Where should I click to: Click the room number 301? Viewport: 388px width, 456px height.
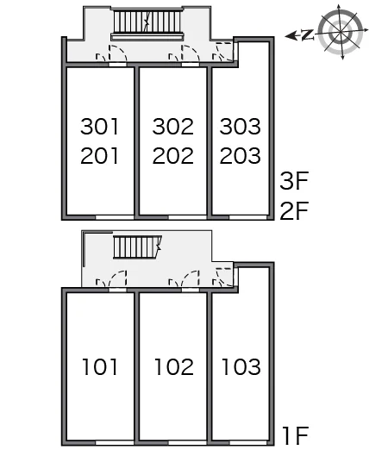pyautogui.click(x=100, y=127)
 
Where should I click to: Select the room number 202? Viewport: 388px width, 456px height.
pyautogui.click(x=172, y=155)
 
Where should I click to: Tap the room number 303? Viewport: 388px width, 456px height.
pyautogui.click(x=240, y=127)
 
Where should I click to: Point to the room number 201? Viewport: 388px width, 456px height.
pyautogui.click(x=100, y=155)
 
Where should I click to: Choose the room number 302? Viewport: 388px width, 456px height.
pyautogui.click(x=172, y=127)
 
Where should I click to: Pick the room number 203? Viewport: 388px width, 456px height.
pyautogui.click(x=240, y=155)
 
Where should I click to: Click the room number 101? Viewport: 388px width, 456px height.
pyautogui.click(x=100, y=366)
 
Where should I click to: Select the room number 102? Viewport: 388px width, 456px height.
pyautogui.click(x=173, y=366)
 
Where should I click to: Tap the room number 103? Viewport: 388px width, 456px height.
pyautogui.click(x=241, y=366)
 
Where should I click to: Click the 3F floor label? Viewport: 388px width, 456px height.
pyautogui.click(x=294, y=181)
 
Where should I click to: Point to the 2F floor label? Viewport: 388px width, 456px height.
pyautogui.click(x=294, y=211)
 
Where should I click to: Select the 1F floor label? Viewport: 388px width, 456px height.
pyautogui.click(x=296, y=435)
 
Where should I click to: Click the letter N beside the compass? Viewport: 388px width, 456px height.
pyautogui.click(x=308, y=34)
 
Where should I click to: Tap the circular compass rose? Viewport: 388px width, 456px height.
pyautogui.click(x=341, y=31)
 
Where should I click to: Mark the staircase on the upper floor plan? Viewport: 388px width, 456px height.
pyautogui.click(x=147, y=23)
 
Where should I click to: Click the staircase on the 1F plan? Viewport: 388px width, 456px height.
pyautogui.click(x=137, y=247)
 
